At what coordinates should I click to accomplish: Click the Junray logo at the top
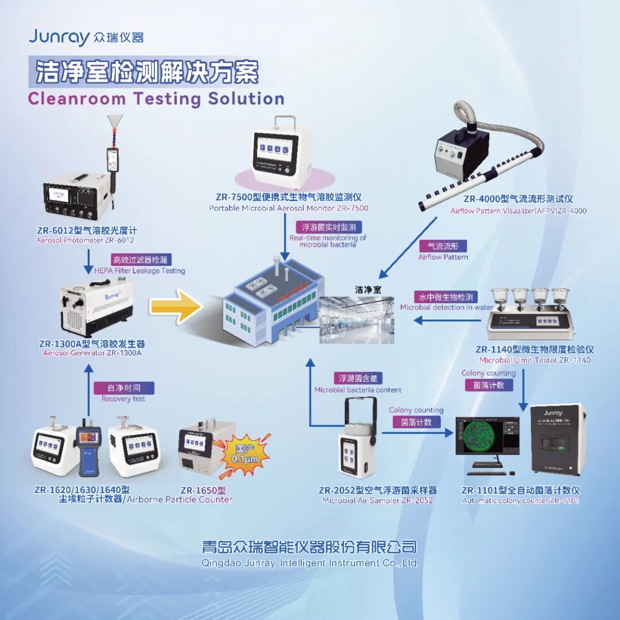(86, 37)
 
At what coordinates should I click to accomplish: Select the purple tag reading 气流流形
(443, 246)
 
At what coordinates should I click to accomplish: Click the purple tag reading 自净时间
(123, 387)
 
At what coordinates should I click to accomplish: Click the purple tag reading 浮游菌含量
(358, 378)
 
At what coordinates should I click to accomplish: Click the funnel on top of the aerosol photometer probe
(117, 122)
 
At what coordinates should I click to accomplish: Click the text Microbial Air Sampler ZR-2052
(378, 501)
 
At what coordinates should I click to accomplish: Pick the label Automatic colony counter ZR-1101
(521, 501)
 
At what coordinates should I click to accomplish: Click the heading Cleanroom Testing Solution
(156, 98)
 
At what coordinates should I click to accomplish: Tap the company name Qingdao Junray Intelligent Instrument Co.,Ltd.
(310, 563)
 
